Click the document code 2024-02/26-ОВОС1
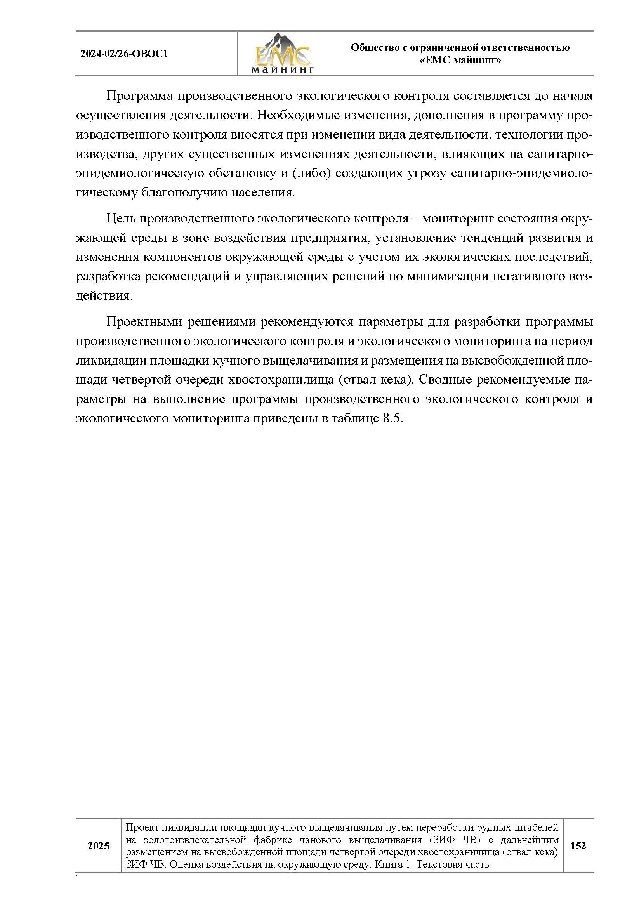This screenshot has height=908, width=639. pyautogui.click(x=124, y=54)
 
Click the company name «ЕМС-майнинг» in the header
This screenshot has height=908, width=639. pyautogui.click(x=460, y=61)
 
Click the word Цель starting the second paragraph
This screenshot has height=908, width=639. pyautogui.click(x=121, y=219)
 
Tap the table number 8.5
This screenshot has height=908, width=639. pyautogui.click(x=392, y=418)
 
